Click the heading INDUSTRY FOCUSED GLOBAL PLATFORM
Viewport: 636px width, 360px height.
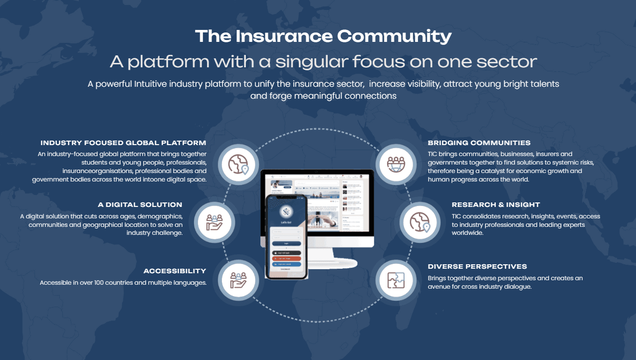click(x=123, y=143)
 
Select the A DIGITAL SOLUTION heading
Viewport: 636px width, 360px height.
click(x=140, y=205)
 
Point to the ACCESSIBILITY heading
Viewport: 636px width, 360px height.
click(x=175, y=271)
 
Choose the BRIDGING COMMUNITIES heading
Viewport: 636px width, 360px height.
click(x=479, y=143)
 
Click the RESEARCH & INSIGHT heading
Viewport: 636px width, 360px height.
click(x=495, y=205)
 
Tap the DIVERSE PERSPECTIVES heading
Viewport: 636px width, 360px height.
click(x=477, y=267)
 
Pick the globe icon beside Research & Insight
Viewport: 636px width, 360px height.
click(x=420, y=222)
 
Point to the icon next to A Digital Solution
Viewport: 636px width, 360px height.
click(x=214, y=222)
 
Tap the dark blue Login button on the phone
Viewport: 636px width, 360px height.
click(x=286, y=244)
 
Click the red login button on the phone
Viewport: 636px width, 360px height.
click(x=286, y=259)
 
